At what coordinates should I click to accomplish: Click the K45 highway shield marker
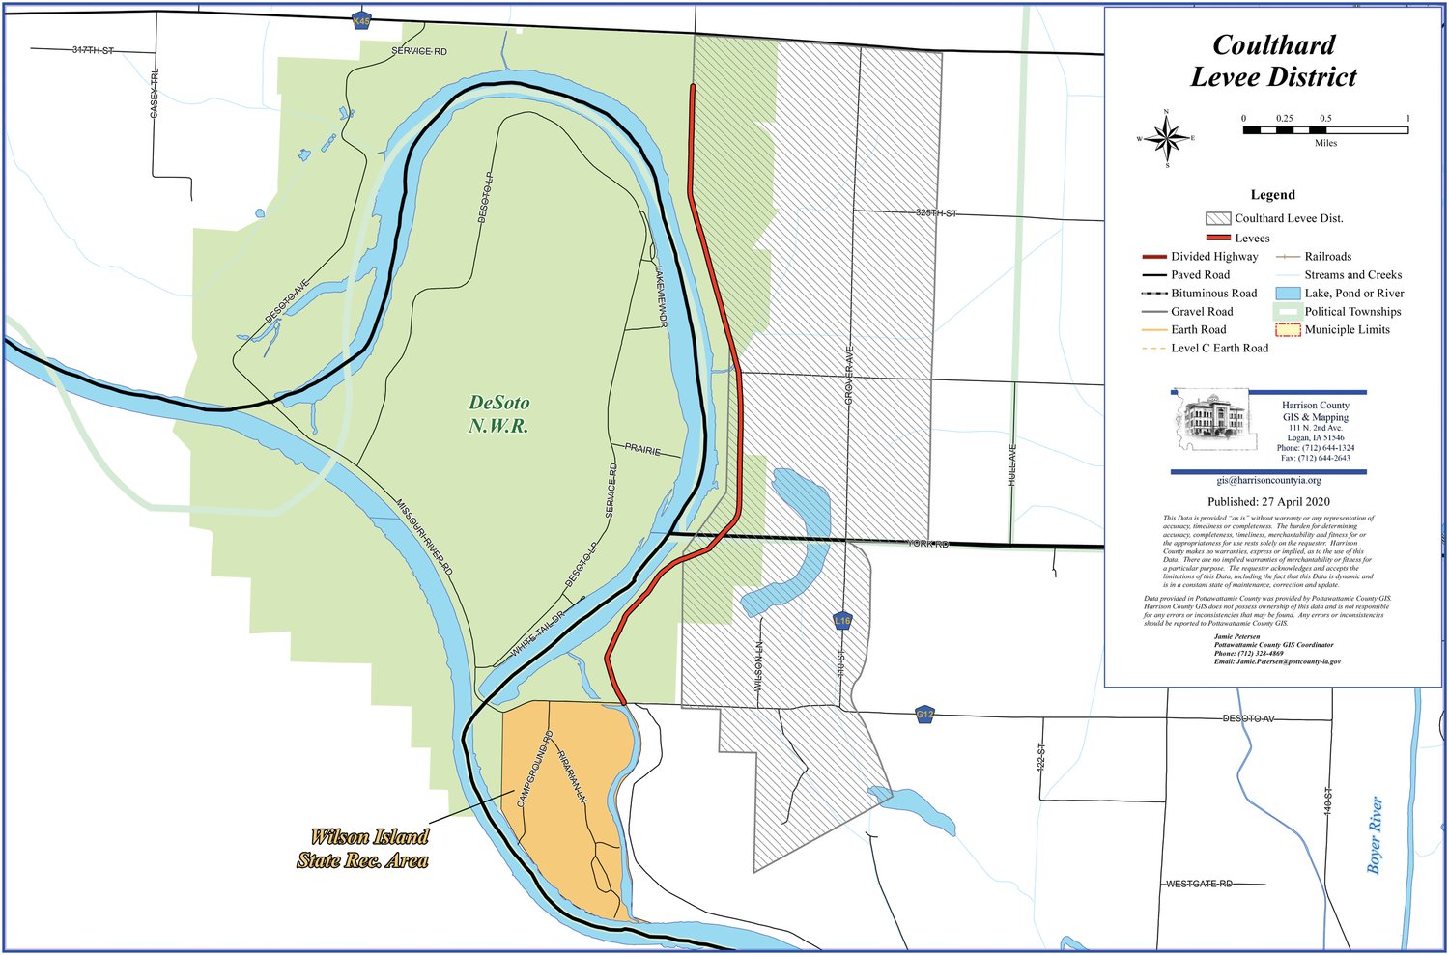coord(361,21)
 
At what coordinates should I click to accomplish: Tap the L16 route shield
coord(842,621)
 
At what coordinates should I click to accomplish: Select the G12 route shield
coord(924,715)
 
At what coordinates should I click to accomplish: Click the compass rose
coord(1167,138)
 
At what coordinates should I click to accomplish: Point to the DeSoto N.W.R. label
coord(498,414)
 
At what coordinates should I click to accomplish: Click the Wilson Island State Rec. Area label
coord(364,849)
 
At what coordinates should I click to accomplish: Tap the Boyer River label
coord(1375,835)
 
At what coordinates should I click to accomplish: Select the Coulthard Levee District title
coord(1273,61)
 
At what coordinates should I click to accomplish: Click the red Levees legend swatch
coord(1218,238)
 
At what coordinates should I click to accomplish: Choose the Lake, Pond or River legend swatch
coord(1288,294)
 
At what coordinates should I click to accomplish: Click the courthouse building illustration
coord(1213,421)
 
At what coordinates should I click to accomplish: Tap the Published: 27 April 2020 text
coord(1268,502)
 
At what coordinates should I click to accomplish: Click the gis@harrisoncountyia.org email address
coord(1268,480)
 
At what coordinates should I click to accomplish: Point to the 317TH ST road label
coord(93,50)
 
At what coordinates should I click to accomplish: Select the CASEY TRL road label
coord(154,94)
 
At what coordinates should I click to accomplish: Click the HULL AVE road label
coord(1012,464)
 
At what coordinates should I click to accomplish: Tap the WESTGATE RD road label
coord(1199,884)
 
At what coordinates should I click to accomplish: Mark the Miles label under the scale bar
coord(1325,143)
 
